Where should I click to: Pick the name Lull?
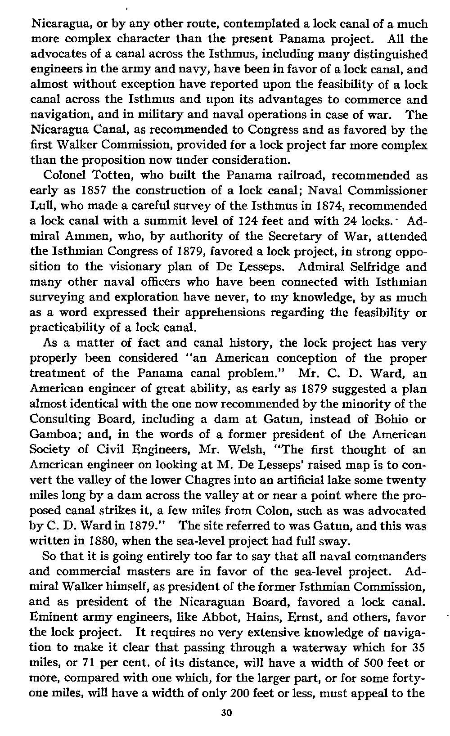[41, 206]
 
